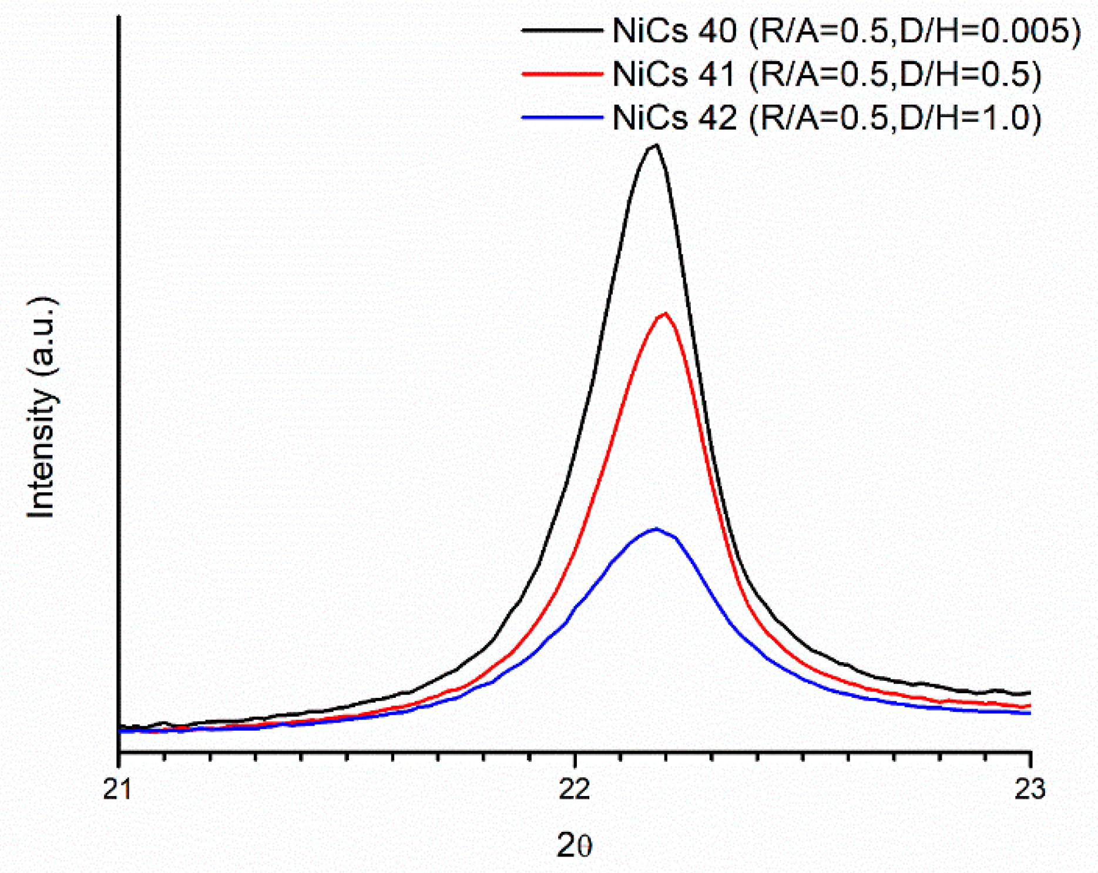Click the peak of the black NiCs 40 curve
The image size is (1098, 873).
click(x=655, y=145)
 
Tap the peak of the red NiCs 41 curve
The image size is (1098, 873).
click(x=664, y=313)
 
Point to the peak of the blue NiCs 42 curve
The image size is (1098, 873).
click(x=655, y=529)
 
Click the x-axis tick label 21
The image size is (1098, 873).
click(x=119, y=788)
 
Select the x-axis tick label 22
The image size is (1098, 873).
click(x=574, y=788)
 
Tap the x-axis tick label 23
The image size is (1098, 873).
click(x=1030, y=788)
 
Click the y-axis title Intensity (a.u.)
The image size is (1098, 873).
click(x=42, y=408)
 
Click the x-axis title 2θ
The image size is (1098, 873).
click(x=574, y=845)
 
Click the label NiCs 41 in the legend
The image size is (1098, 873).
click(x=674, y=74)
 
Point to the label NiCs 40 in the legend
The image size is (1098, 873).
click(x=674, y=31)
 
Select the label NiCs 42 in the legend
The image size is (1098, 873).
click(x=674, y=117)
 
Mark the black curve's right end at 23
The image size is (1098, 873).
click(x=1029, y=693)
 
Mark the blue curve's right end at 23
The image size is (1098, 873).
click(x=1029, y=713)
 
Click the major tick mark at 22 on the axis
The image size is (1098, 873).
click(x=574, y=758)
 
